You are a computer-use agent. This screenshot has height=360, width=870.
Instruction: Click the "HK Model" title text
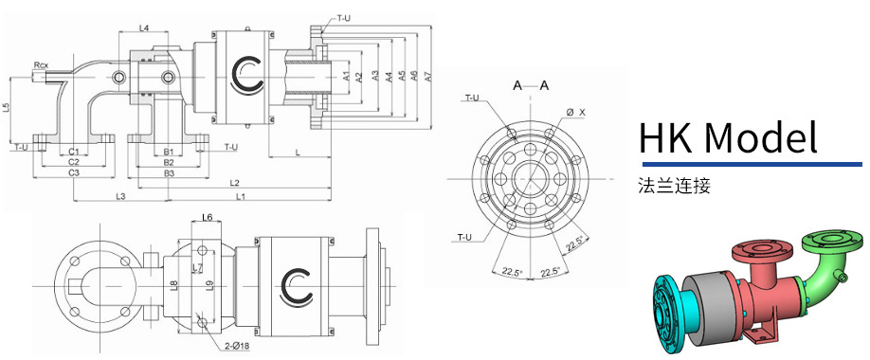(x=729, y=137)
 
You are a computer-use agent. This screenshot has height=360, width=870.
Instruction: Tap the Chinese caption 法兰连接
(x=674, y=186)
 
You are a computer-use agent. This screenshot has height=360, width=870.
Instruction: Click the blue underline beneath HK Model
(x=752, y=164)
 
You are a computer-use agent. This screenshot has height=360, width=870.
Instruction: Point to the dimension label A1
(x=346, y=77)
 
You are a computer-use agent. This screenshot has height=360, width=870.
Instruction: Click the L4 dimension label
(x=144, y=27)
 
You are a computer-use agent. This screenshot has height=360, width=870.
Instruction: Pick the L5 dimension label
(x=6, y=108)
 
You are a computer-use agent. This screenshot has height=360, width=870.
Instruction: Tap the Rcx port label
(x=41, y=65)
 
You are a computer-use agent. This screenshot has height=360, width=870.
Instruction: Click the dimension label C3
(x=74, y=172)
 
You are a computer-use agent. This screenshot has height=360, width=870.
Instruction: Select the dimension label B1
(x=169, y=151)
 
